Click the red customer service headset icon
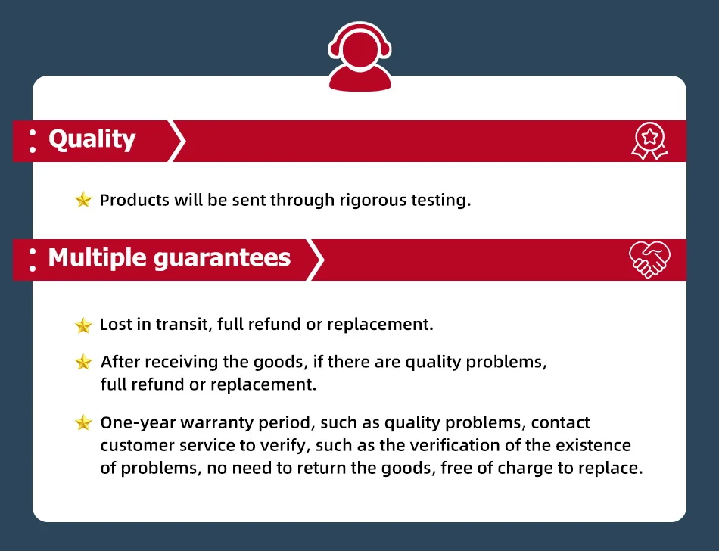click(360, 57)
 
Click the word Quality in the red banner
click(92, 139)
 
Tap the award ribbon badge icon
click(649, 141)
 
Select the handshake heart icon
click(649, 260)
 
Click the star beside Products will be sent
click(83, 200)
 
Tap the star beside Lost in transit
click(83, 325)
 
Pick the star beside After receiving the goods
click(83, 362)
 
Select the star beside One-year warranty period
click(83, 422)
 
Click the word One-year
click(138, 423)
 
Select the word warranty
click(217, 423)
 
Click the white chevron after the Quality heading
click(177, 141)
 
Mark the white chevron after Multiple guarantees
click(315, 260)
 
